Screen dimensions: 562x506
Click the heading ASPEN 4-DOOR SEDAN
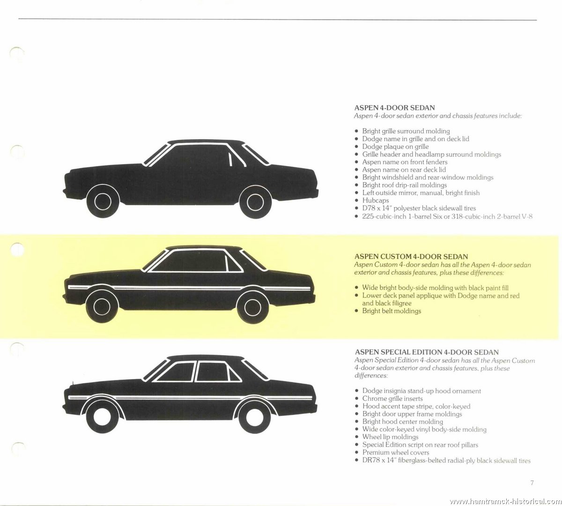point(395,108)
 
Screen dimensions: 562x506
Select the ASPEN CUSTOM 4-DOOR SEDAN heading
point(411,256)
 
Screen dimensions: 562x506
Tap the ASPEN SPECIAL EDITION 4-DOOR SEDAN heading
point(427,352)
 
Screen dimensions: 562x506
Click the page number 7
point(532,483)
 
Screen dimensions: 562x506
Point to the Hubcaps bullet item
point(376,201)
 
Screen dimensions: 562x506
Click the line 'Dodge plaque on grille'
point(395,147)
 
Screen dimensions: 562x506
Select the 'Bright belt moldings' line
point(392,311)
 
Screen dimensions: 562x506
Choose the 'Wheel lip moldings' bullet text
point(390,437)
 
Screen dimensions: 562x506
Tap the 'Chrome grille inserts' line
point(392,398)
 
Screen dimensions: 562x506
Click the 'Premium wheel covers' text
point(396,452)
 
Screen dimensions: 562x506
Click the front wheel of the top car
point(103,201)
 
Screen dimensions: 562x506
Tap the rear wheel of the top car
point(256,202)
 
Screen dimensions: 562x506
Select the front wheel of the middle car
point(102,307)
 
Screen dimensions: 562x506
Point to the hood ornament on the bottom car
point(73,383)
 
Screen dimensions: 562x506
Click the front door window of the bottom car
point(175,372)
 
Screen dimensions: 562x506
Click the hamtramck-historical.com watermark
point(505,501)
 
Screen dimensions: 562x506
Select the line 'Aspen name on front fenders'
point(405,162)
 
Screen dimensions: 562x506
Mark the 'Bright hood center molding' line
point(403,422)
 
